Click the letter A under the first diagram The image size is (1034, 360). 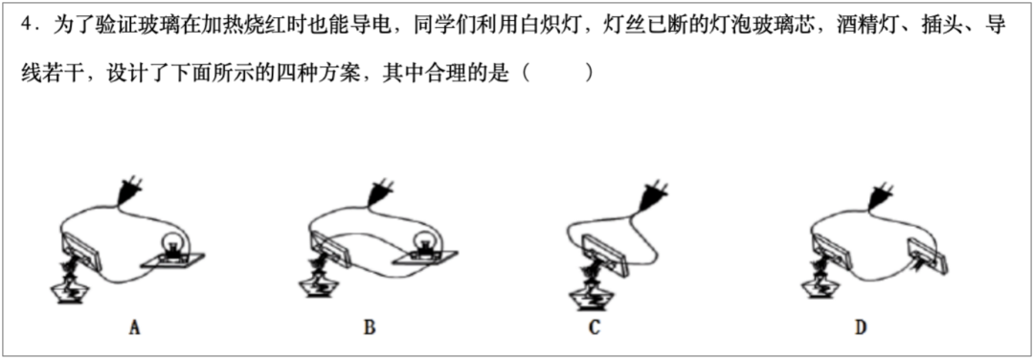tap(135, 328)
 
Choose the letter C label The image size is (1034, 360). tap(595, 328)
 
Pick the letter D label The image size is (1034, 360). tap(861, 328)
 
